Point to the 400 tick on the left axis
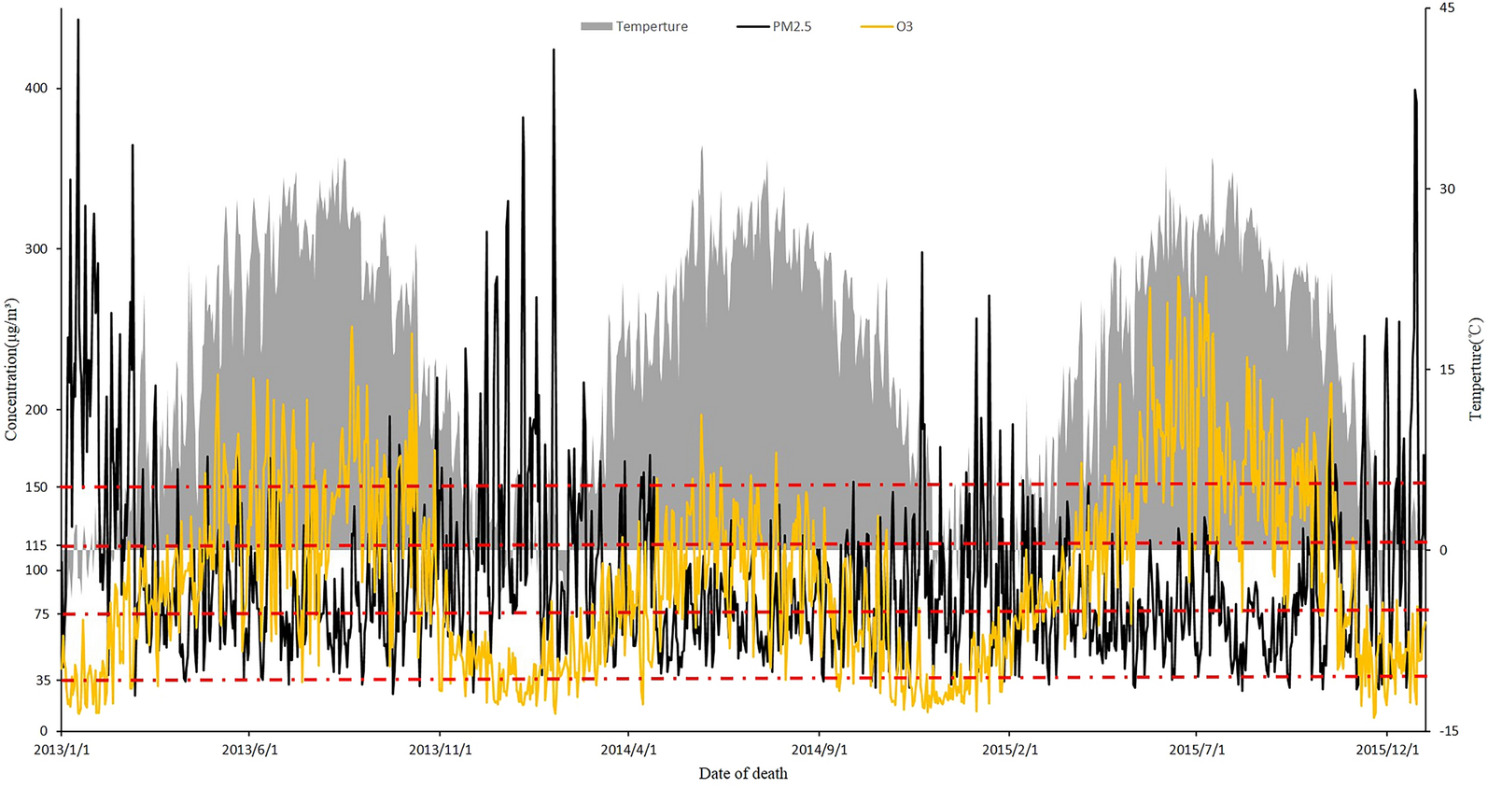36,89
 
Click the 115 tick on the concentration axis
36,546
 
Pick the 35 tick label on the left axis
42,681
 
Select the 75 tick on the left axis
42,614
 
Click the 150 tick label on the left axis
36,487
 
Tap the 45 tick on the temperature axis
1447,8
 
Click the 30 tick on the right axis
1447,189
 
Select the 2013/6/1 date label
250,750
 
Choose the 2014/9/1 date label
820,750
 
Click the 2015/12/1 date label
1387,750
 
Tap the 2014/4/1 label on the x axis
628,750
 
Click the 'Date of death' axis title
743,774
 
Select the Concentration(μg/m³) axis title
11,370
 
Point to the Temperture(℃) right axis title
1475,369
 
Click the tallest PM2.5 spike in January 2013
77,21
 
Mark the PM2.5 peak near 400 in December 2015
1415,91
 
